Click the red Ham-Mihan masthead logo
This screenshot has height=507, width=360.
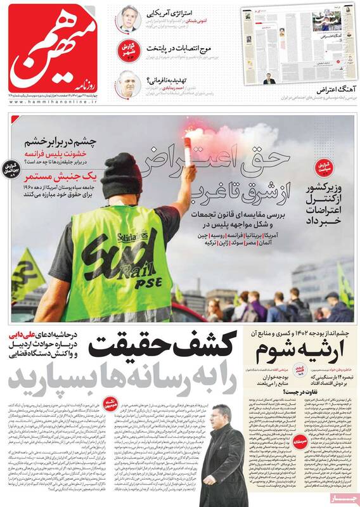coord(54,48)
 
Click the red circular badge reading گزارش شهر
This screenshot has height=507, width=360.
coord(129,51)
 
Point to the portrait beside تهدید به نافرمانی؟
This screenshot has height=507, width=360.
coord(129,84)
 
